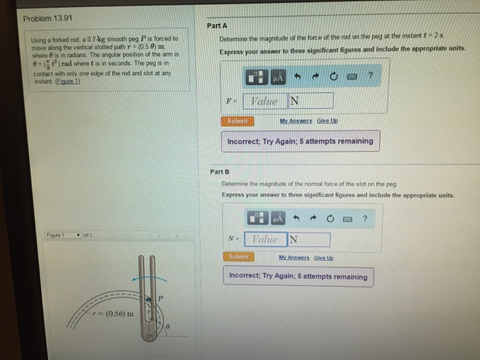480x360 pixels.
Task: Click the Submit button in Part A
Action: [x=238, y=121]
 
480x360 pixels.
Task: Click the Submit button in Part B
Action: [x=237, y=256]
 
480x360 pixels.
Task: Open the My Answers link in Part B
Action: [x=295, y=257]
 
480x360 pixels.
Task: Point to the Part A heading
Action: [x=217, y=25]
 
